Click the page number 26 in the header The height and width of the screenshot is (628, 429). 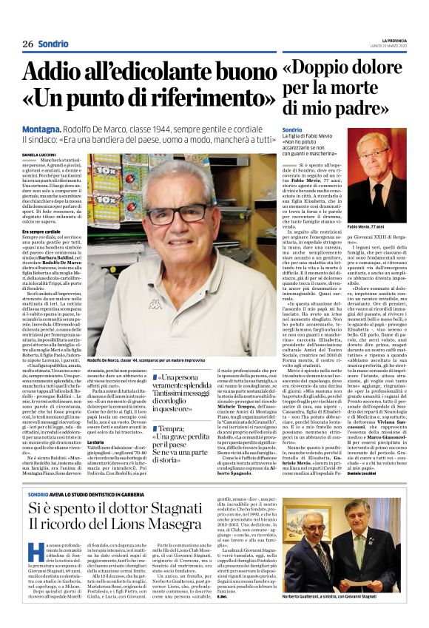pyautogui.click(x=28, y=44)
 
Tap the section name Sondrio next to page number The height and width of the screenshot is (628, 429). pyautogui.click(x=53, y=44)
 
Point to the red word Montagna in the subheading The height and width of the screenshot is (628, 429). pyautogui.click(x=41, y=128)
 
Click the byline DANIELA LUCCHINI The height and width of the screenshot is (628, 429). pyautogui.click(x=38, y=154)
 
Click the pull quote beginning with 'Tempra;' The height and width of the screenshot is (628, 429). pyautogui.click(x=183, y=441)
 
